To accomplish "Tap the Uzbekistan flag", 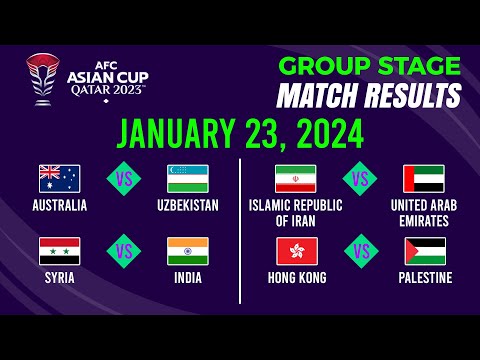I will pyautogui.click(x=187, y=178).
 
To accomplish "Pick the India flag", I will pyautogui.click(x=187, y=250).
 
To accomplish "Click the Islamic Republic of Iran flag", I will pyautogui.click(x=295, y=178).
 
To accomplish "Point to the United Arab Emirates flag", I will pyautogui.click(x=424, y=178).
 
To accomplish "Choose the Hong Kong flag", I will pyautogui.click(x=295, y=250).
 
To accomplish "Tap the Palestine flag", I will pyautogui.click(x=424, y=250).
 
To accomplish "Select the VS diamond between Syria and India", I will pyautogui.click(x=123, y=251).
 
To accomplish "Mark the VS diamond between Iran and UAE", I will pyautogui.click(x=360, y=179).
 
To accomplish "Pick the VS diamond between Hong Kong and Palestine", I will pyautogui.click(x=360, y=251).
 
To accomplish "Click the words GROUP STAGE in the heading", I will pyautogui.click(x=370, y=67).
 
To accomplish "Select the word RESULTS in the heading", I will pyautogui.click(x=411, y=96).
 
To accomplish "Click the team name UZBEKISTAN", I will pyautogui.click(x=187, y=206).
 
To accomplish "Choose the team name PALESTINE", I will pyautogui.click(x=424, y=277).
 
